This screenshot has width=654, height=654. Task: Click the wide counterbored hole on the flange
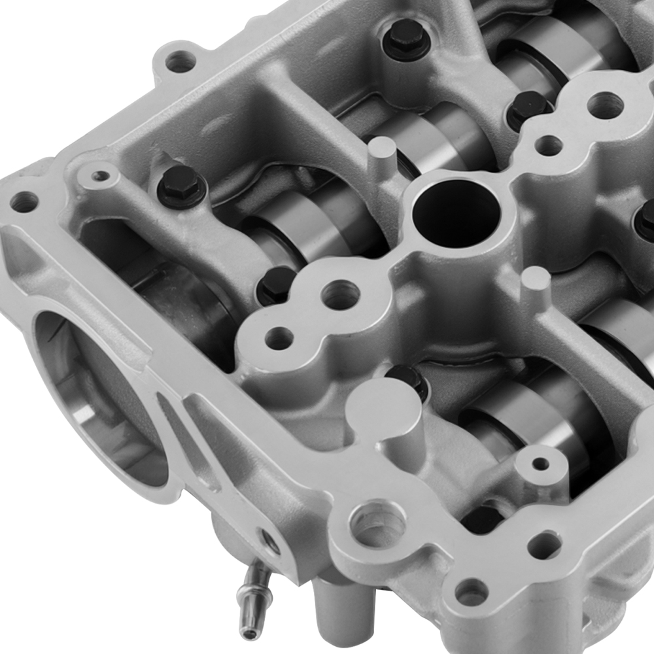[378, 523]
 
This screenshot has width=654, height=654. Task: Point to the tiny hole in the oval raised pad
[100, 176]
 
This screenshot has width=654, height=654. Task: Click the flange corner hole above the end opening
[24, 201]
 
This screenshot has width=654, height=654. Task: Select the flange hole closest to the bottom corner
[471, 592]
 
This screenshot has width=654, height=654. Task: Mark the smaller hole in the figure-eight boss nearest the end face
[279, 338]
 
